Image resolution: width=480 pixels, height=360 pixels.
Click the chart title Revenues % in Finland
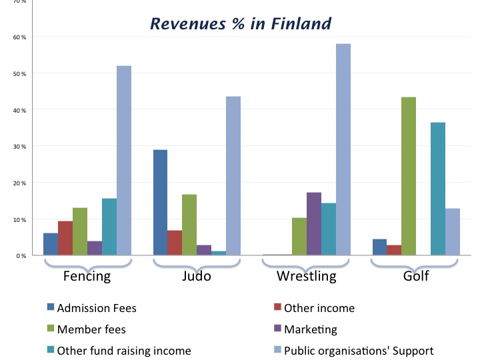click(240, 25)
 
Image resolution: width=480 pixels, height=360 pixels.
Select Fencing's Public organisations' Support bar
click(124, 160)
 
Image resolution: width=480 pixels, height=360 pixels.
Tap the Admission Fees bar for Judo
click(160, 202)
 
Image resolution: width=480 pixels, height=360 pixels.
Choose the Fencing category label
click(87, 276)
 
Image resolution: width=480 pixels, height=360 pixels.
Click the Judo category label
click(196, 276)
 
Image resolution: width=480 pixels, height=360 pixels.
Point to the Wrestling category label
click(307, 276)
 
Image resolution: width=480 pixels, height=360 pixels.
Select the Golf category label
click(415, 276)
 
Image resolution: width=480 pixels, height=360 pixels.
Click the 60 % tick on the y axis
click(19, 37)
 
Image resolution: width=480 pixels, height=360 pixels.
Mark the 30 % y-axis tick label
click(19, 146)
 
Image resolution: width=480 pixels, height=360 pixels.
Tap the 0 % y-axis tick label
click(21, 255)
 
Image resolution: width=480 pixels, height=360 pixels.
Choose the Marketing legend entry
click(310, 329)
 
